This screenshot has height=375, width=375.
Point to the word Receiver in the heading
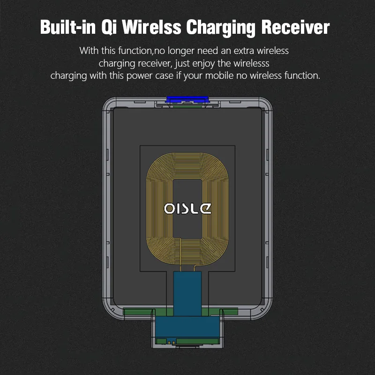[x=295, y=27]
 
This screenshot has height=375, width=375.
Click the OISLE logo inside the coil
[x=187, y=208]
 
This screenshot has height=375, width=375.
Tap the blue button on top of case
[x=187, y=99]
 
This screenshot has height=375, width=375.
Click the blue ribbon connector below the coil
[x=187, y=291]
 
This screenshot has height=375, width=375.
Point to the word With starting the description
[x=89, y=51]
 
